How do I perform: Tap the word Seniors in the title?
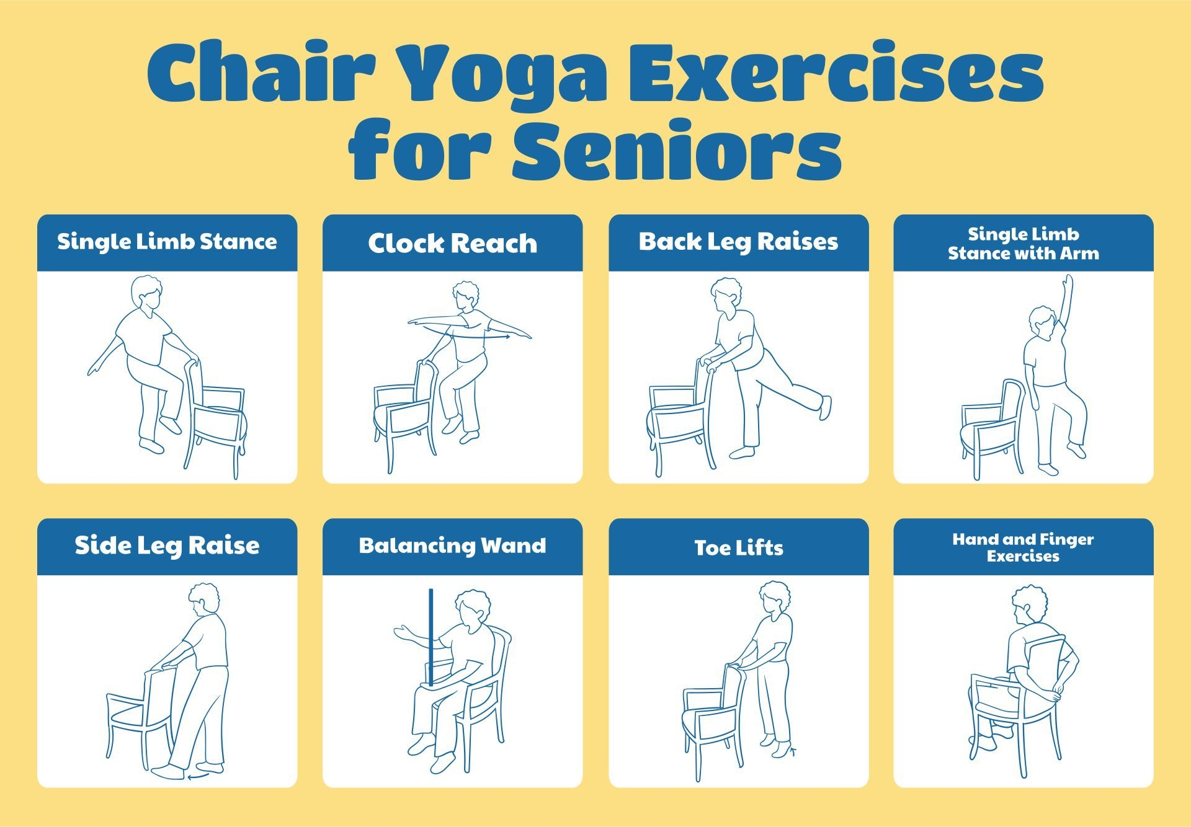676,151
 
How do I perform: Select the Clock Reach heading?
452,243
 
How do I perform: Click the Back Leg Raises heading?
738,242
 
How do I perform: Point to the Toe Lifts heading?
738,547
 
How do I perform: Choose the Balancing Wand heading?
452,546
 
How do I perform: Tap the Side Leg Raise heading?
167,546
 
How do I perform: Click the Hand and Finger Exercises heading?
1023,547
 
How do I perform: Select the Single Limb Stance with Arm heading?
1023,244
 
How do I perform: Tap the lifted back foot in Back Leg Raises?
825,407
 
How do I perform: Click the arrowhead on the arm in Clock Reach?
507,337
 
